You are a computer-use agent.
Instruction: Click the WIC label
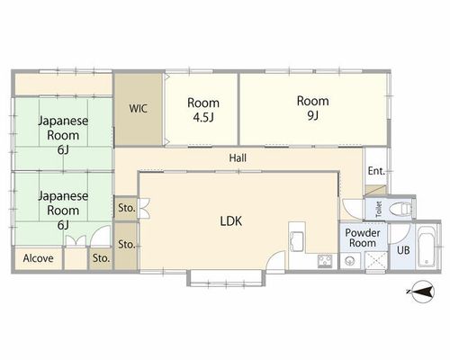coord(138,109)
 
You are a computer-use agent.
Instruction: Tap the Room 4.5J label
coord(203,110)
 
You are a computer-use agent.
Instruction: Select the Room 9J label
coord(313,108)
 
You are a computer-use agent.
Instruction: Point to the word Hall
coord(238,158)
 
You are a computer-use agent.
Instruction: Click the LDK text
coord(231,221)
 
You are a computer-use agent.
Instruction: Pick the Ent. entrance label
coord(376,171)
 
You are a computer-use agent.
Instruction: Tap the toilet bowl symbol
coord(400,208)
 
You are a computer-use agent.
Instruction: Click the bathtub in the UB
coord(427,247)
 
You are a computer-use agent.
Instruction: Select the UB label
coord(403,250)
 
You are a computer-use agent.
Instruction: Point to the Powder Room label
coord(363,238)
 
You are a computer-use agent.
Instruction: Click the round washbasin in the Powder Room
coord(350,261)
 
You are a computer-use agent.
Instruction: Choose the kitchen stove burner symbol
coord(325,261)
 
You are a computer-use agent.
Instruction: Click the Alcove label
coord(39,258)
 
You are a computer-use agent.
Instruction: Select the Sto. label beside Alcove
coord(101,258)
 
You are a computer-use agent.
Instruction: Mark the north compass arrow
coord(421,292)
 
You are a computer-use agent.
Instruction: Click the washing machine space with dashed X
coord(376,260)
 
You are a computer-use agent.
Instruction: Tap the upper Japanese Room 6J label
coord(63,135)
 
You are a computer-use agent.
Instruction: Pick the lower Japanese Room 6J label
coord(63,211)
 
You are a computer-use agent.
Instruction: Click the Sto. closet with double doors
coord(127,208)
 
